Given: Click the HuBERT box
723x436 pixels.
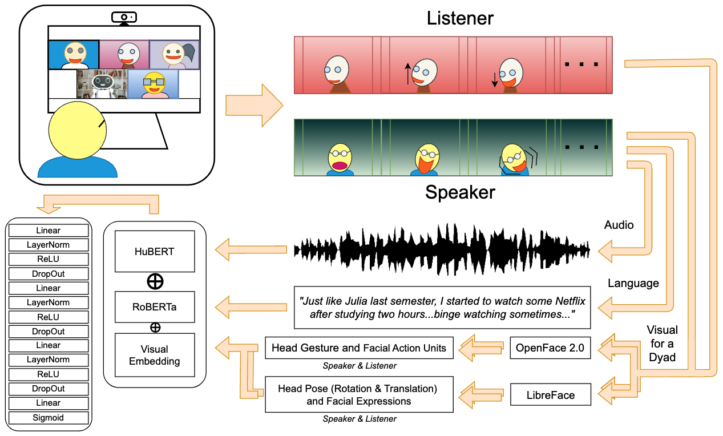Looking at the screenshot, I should coord(155,252).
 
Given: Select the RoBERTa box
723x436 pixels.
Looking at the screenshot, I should coord(155,307).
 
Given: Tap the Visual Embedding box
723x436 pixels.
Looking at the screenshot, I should coord(155,354).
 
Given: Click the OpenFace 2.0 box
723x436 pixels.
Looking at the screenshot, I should coord(550,348).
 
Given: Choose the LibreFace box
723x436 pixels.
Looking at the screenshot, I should coord(550,395).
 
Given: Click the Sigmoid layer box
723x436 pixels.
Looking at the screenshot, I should coord(49,418).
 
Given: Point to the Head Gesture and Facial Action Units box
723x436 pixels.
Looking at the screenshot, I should coord(359,348).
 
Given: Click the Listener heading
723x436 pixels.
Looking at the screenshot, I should coord(460,18).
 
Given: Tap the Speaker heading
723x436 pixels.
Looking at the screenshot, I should coord(460,192).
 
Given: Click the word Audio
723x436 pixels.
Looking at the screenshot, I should coord(619,225).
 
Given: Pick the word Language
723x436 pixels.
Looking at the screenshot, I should coord(633,283).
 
